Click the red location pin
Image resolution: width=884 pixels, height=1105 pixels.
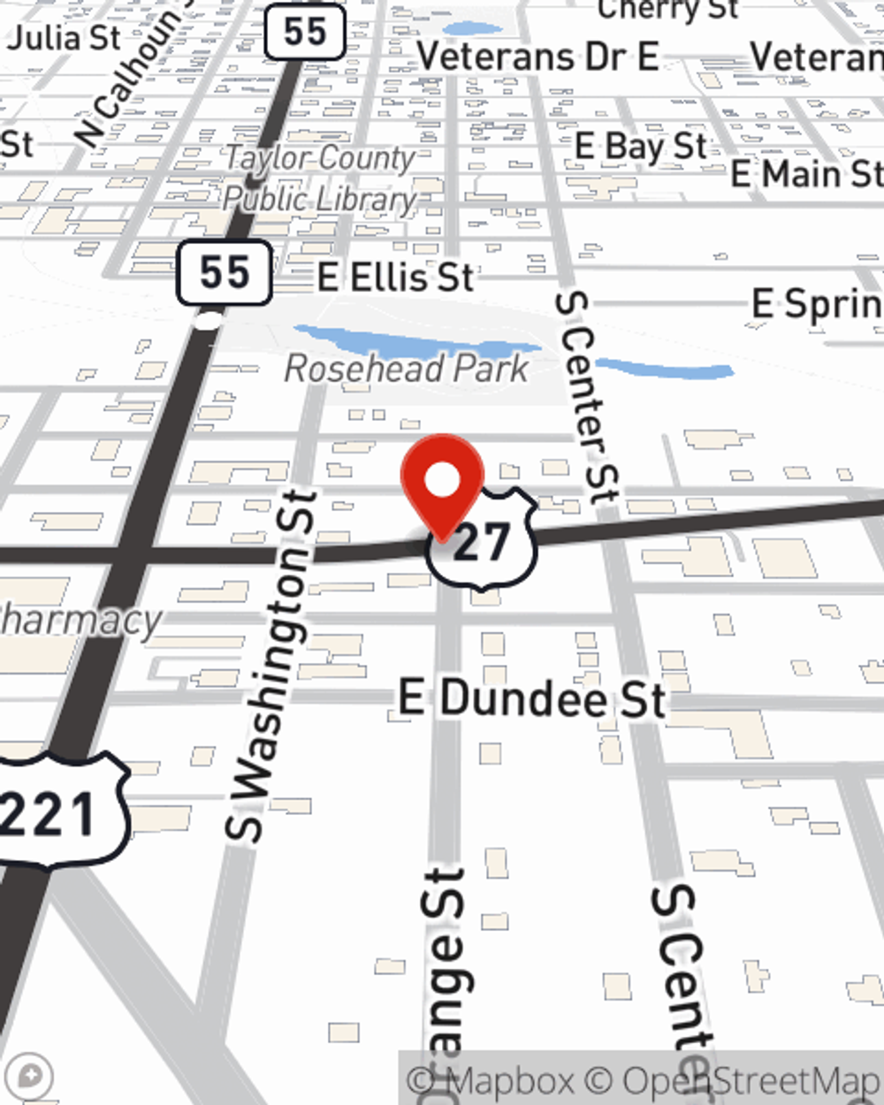click(x=443, y=483)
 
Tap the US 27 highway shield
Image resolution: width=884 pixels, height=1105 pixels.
click(x=483, y=541)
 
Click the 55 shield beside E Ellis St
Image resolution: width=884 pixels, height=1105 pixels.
click(x=224, y=272)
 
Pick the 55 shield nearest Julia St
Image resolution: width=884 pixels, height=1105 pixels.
click(x=305, y=33)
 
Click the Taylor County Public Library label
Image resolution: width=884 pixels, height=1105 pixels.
click(x=319, y=179)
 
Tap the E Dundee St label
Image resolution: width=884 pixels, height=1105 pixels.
click(x=531, y=699)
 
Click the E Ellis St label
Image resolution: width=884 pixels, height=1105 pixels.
click(x=396, y=278)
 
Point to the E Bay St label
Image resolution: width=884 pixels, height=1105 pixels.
click(x=641, y=147)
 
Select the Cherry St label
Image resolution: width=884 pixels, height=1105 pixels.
click(x=667, y=10)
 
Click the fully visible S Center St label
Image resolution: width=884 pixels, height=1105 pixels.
click(x=586, y=398)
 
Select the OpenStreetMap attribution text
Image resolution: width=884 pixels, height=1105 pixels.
click(x=751, y=1081)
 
